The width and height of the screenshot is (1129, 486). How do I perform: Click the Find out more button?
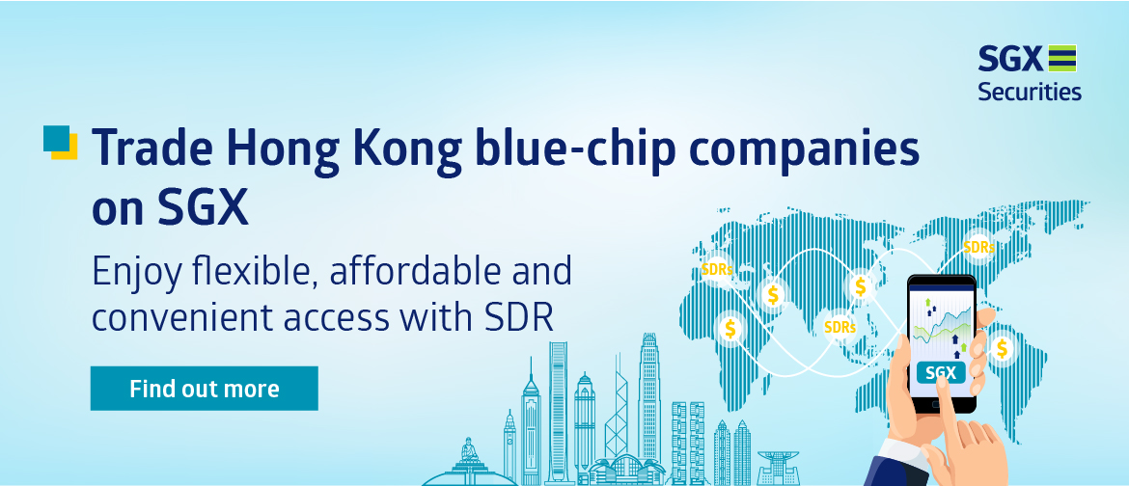pos(204,389)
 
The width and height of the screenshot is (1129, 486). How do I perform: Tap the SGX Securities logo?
pos(1030,72)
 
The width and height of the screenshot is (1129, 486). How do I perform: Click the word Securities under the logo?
pos(1030,93)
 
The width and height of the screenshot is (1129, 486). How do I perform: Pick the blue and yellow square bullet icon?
pos(61,142)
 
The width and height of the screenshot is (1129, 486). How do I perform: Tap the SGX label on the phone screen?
pos(941,373)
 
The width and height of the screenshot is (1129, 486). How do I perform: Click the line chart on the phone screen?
pos(943,328)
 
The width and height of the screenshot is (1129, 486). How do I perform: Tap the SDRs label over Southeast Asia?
pos(840,327)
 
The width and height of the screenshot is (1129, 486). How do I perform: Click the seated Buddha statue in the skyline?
pos(470,451)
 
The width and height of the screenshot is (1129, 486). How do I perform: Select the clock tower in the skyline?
pos(509,445)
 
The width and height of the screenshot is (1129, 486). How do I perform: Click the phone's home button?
pos(942,405)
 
